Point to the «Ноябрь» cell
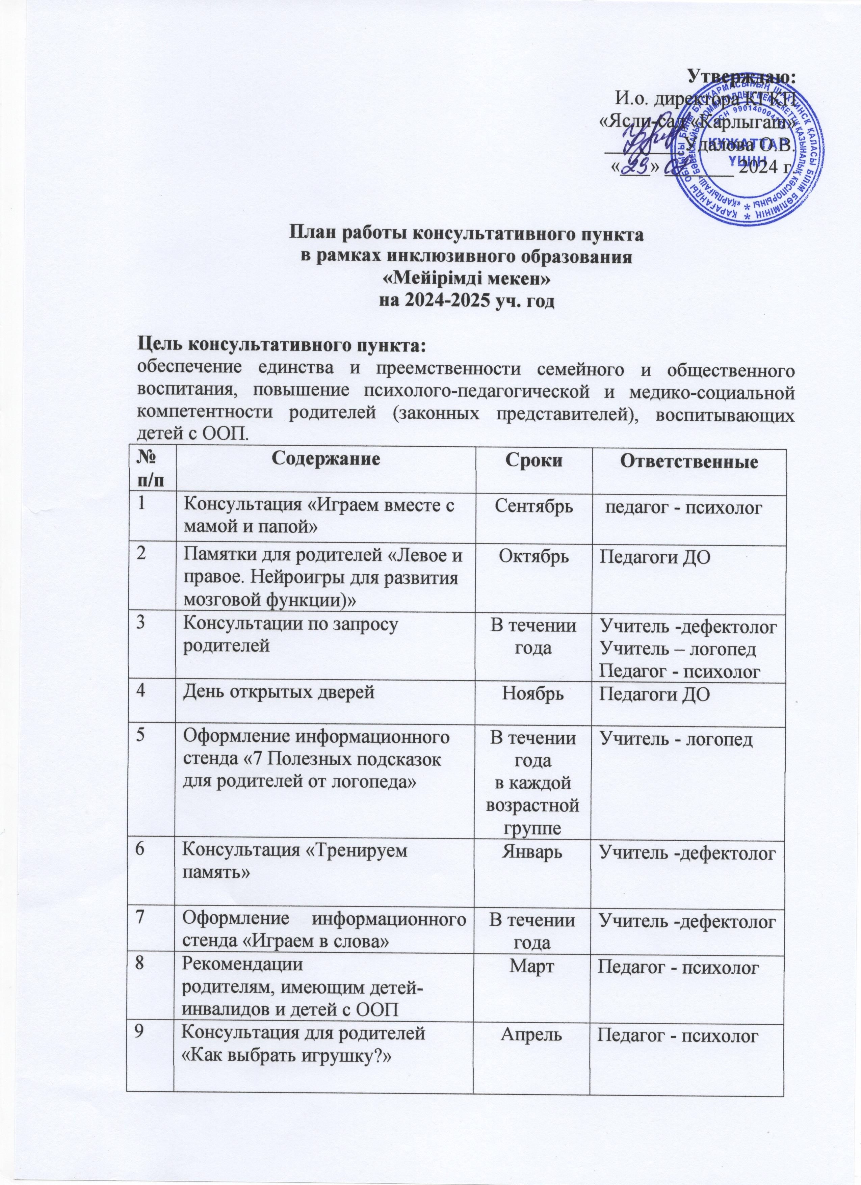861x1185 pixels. (532, 695)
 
